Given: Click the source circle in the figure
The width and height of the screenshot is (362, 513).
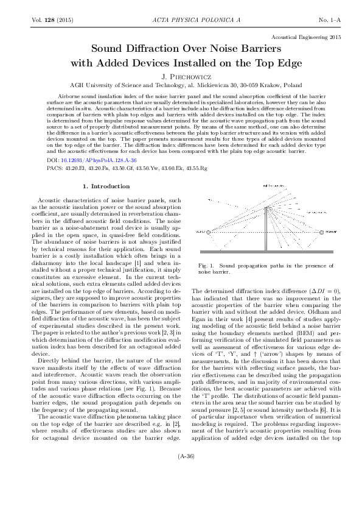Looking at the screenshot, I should (209, 233).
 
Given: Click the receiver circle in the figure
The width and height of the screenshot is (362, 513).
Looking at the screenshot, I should (322, 233).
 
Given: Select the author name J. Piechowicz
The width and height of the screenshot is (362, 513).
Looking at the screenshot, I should (181, 77).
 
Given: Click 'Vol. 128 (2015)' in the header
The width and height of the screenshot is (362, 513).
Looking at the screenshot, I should (52, 21).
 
